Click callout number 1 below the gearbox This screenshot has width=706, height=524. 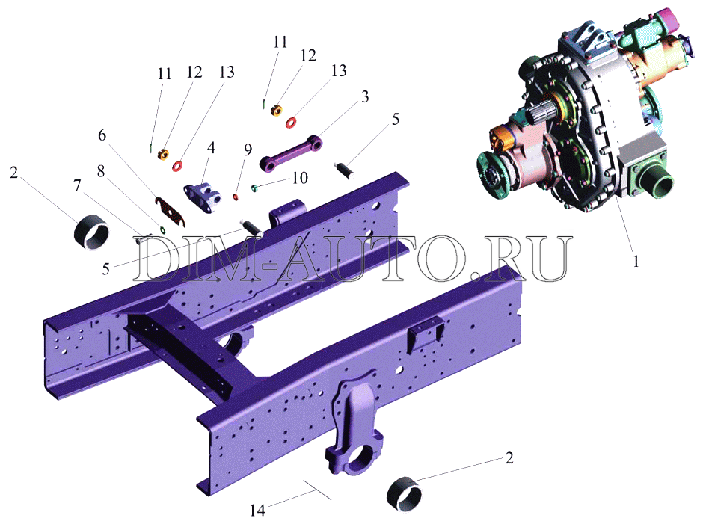coord(636,261)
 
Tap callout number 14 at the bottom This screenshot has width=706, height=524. coord(257,510)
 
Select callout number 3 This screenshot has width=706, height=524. coord(365,96)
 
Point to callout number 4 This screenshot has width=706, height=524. coord(211,148)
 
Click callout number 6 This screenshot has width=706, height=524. coord(102,135)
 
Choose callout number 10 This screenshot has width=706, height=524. coord(300,178)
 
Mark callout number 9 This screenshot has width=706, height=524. coord(248,150)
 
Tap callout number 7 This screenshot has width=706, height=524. coord(78,185)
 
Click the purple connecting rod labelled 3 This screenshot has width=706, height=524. coord(292,153)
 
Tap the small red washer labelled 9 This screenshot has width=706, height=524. coord(236,197)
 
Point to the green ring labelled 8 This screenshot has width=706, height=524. coord(162,230)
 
